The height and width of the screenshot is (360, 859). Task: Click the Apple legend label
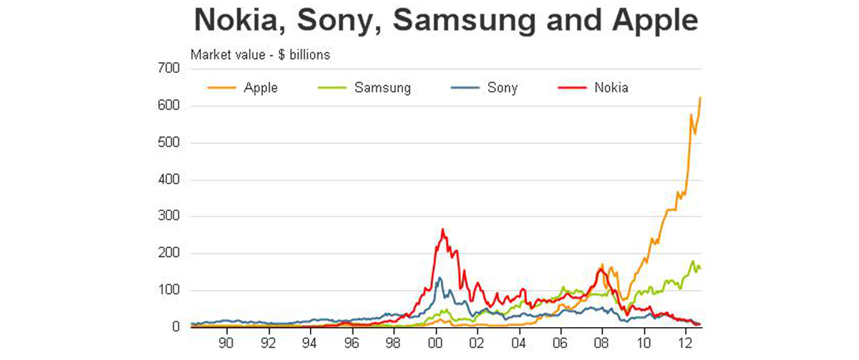pyautogui.click(x=261, y=88)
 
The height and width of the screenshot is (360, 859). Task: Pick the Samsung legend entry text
pyautogui.click(x=382, y=88)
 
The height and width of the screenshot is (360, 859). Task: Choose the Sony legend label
pyautogui.click(x=503, y=88)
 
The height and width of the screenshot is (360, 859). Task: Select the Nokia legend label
pyautogui.click(x=611, y=88)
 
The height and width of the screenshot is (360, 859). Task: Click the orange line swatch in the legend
pyautogui.click(x=220, y=88)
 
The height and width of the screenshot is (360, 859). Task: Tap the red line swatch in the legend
pyautogui.click(x=571, y=88)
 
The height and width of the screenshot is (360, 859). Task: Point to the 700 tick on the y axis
pyautogui.click(x=169, y=69)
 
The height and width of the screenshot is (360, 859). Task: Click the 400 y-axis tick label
pyautogui.click(x=169, y=180)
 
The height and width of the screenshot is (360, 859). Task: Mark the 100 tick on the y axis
pyautogui.click(x=169, y=291)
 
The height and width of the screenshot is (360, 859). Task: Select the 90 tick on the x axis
pyautogui.click(x=227, y=342)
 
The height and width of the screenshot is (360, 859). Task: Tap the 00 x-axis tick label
pyautogui.click(x=435, y=342)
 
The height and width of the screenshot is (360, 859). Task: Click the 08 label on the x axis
pyautogui.click(x=602, y=342)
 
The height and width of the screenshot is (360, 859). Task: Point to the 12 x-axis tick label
pyautogui.click(x=686, y=342)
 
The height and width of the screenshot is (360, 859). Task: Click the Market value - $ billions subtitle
pyautogui.click(x=259, y=54)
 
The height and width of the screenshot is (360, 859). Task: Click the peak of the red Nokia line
pyautogui.click(x=443, y=230)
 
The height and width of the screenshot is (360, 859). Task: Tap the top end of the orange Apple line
pyautogui.click(x=700, y=97)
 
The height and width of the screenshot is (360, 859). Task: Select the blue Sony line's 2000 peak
pyautogui.click(x=439, y=278)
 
